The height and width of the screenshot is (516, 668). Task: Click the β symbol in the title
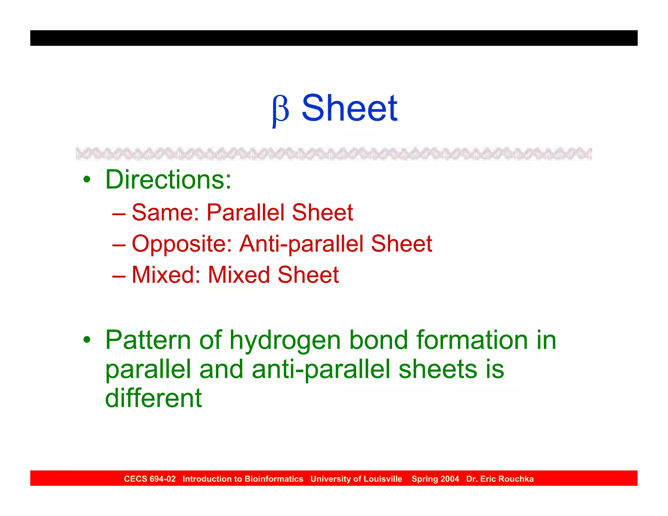click(281, 110)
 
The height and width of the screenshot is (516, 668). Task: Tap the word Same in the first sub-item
click(165, 213)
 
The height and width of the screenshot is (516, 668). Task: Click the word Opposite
click(182, 244)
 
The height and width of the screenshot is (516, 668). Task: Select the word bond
click(378, 340)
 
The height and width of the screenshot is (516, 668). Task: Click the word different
click(153, 398)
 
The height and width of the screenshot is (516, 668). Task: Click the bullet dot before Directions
click(86, 180)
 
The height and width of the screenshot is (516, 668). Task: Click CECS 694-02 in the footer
click(150, 479)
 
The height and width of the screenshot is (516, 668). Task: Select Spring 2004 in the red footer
click(435, 479)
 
